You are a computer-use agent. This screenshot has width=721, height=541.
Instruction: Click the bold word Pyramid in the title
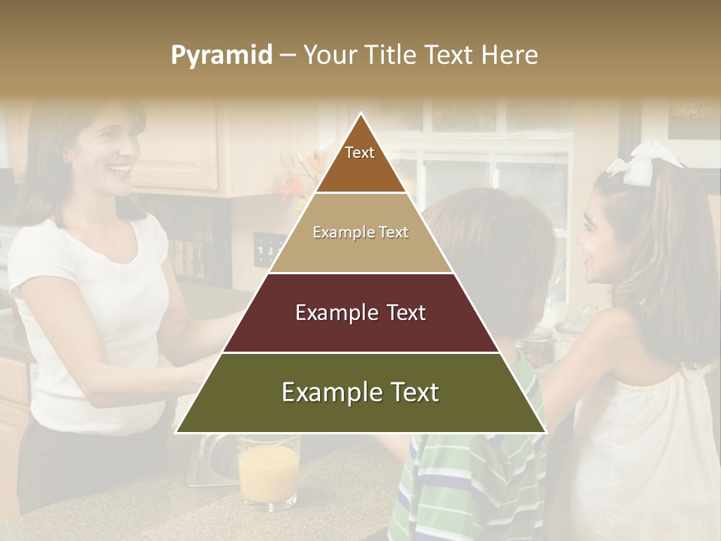tap(222, 56)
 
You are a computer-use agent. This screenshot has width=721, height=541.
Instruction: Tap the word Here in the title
tap(510, 55)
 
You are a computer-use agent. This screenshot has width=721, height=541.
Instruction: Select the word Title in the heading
tap(392, 55)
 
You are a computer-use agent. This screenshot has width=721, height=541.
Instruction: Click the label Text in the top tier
tap(360, 153)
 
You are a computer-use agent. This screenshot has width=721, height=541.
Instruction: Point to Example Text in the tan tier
tap(360, 232)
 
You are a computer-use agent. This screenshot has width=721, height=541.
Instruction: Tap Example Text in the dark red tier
tap(360, 313)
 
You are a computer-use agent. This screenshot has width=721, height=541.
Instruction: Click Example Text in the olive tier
tap(360, 392)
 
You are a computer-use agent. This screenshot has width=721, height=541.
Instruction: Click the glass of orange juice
tap(268, 473)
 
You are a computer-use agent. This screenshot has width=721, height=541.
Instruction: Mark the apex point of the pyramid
tap(361, 114)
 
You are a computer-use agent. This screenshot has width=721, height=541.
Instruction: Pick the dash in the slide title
tap(288, 56)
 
